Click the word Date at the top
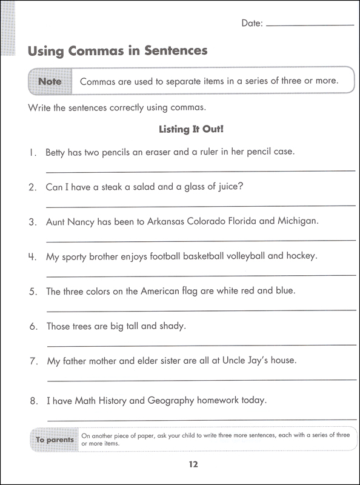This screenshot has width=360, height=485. pos(251,23)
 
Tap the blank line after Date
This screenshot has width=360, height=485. pos(310,25)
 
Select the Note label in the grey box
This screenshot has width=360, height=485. pos(50,81)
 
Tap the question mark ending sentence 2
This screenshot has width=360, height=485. pos(241,187)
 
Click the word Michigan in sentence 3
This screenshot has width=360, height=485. pos(297,221)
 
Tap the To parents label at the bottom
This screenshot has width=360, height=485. pos(55,440)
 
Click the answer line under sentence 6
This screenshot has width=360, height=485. pos(201,346)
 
